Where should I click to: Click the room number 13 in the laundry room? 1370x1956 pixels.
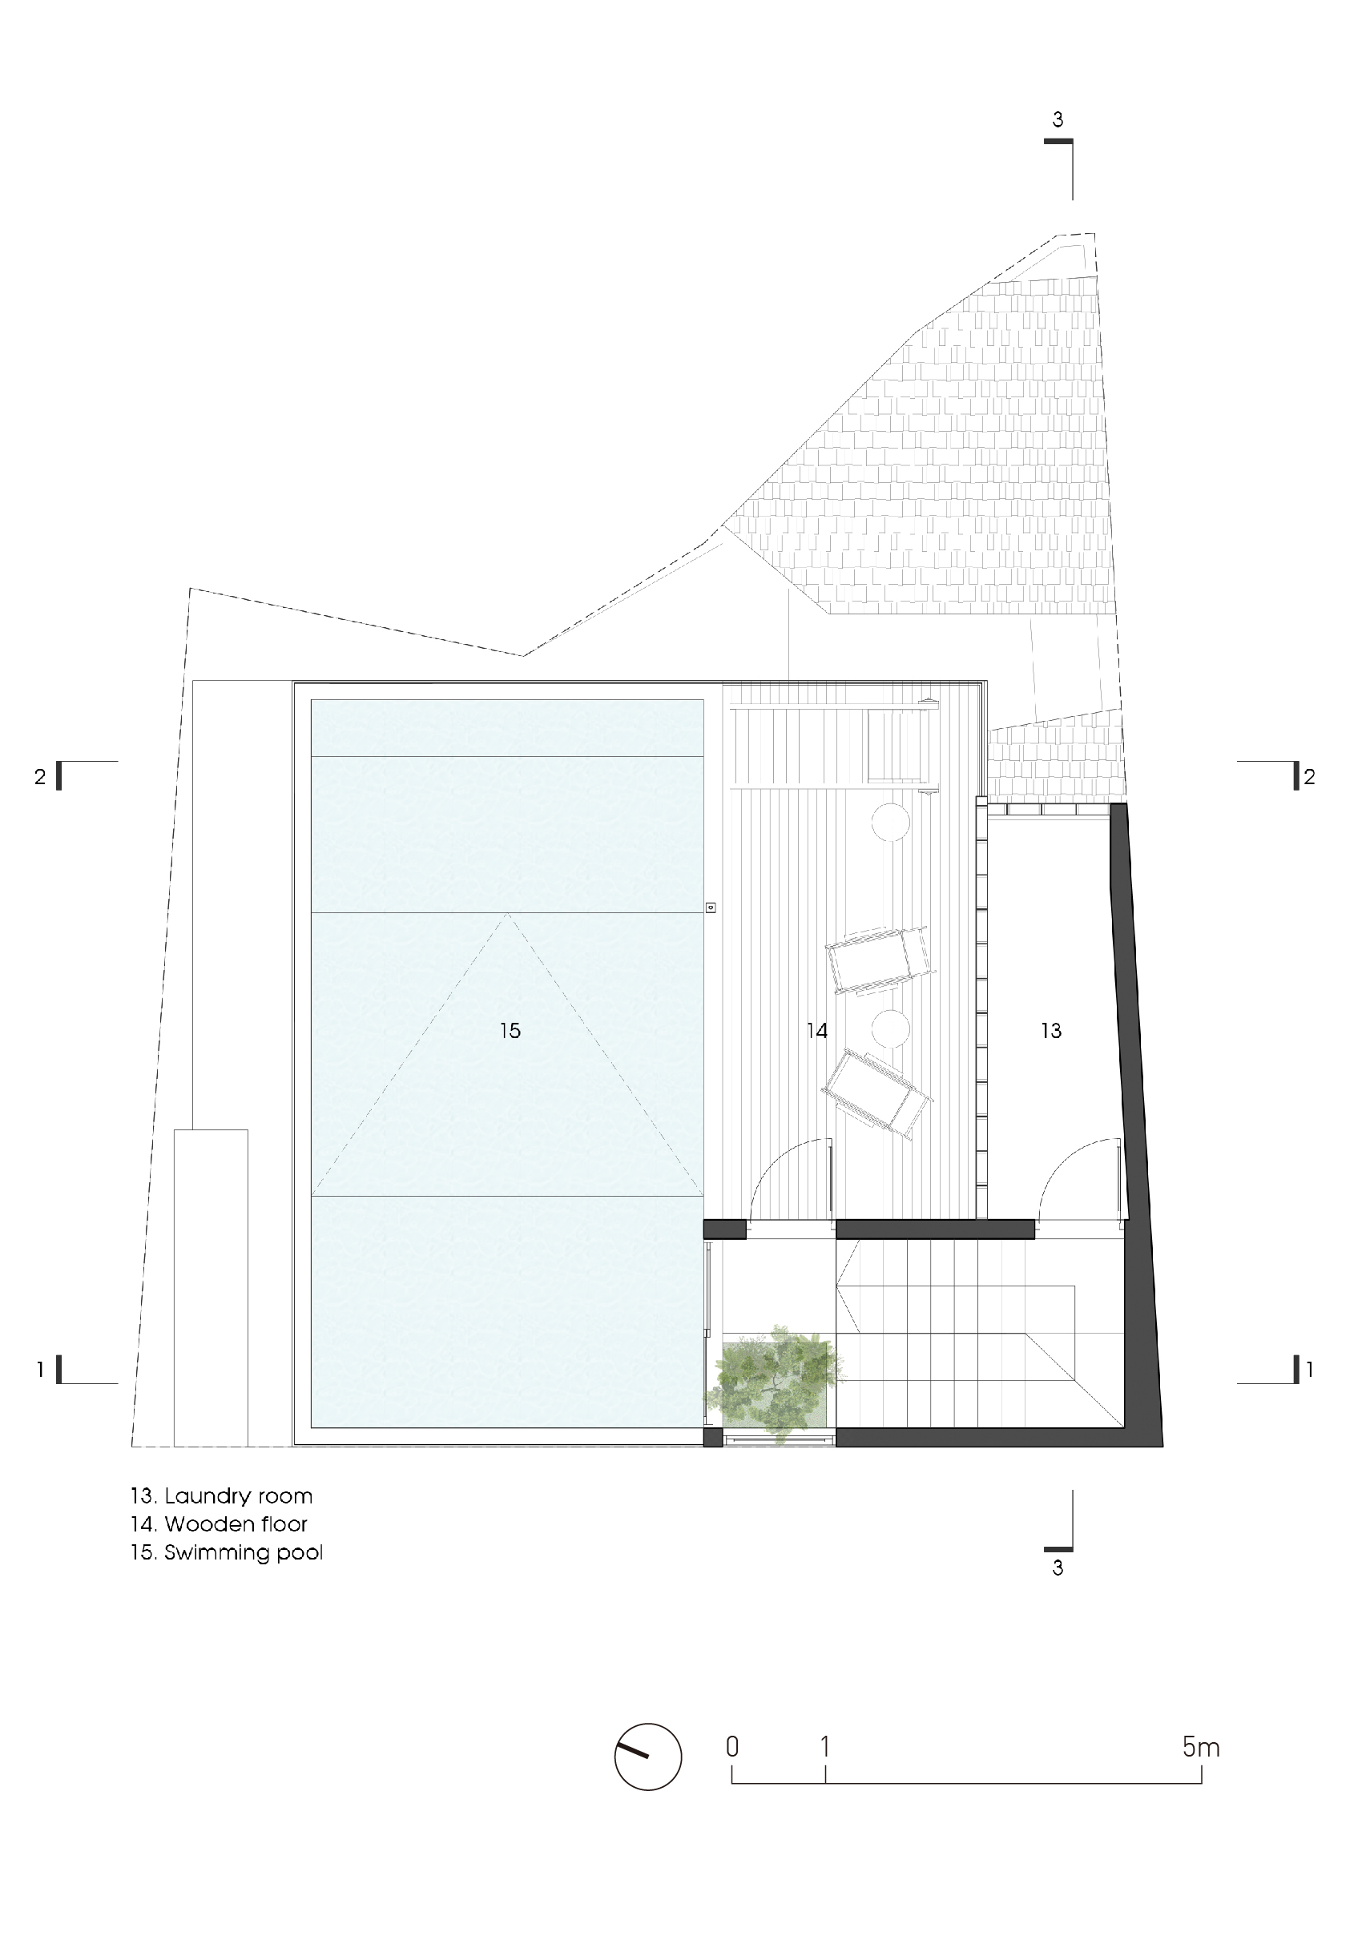(1050, 1031)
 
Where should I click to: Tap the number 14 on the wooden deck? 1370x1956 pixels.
(817, 1031)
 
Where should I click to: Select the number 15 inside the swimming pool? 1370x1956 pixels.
(510, 1031)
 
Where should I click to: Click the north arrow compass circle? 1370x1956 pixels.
(648, 1757)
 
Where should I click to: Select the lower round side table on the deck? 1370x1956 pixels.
(890, 1029)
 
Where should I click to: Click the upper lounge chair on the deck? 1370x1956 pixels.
(881, 960)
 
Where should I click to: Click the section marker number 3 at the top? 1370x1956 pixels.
(1058, 120)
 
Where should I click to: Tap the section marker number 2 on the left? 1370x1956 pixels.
(39, 777)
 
